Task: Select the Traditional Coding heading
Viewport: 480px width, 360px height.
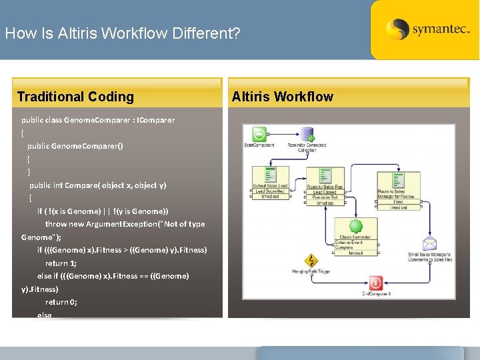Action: [75, 97]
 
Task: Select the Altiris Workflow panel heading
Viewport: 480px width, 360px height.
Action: [283, 97]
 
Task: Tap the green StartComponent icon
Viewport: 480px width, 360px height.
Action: [259, 134]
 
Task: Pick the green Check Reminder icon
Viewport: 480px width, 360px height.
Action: [355, 227]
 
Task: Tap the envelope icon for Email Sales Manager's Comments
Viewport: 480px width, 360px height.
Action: [429, 244]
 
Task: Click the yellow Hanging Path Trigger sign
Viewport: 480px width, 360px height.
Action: [310, 261]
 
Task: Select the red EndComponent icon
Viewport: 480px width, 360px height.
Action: [376, 283]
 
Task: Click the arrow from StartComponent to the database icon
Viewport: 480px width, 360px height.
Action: [283, 134]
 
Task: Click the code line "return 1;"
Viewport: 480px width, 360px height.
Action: [61, 263]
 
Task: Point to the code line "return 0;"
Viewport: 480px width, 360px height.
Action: [61, 302]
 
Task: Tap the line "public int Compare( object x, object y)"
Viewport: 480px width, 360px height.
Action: [98, 185]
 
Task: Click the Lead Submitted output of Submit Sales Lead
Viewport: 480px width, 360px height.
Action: [270, 191]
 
